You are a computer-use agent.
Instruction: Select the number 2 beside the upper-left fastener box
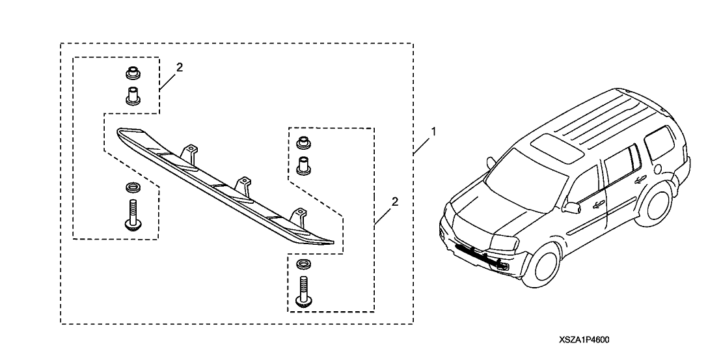[x=180, y=67]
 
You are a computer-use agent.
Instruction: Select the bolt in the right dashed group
[x=302, y=290]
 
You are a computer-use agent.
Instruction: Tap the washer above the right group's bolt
[x=302, y=264]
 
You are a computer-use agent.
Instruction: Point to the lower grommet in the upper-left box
[x=133, y=96]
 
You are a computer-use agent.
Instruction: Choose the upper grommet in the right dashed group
[x=302, y=143]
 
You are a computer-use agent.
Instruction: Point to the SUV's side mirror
[x=573, y=208]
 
